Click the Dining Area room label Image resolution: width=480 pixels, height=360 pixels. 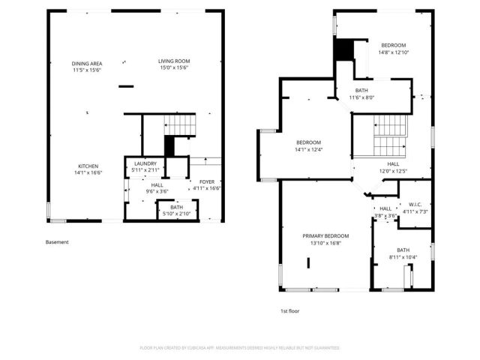tap(87, 64)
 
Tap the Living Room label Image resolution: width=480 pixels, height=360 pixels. tap(173, 61)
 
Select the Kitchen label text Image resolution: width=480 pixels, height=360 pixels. tap(88, 166)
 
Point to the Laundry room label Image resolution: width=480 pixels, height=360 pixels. tap(145, 163)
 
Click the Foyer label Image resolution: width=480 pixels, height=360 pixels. tap(205, 181)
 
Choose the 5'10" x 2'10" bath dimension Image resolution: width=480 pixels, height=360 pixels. tap(176, 214)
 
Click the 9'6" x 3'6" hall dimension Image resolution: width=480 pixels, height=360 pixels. tap(157, 190)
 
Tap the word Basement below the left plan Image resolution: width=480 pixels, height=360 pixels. tap(57, 242)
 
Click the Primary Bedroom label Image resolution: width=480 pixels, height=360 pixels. tap(325, 236)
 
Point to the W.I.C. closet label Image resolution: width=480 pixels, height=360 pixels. tap(414, 205)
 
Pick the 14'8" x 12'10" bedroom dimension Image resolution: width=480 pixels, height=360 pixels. tap(393, 52)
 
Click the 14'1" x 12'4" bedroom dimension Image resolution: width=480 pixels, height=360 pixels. tap(308, 148)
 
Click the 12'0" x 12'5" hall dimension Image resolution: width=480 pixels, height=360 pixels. tap(393, 170)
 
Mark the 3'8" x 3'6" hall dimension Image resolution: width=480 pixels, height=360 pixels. tap(385, 216)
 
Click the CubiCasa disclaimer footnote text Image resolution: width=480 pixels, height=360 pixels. tap(240, 348)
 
